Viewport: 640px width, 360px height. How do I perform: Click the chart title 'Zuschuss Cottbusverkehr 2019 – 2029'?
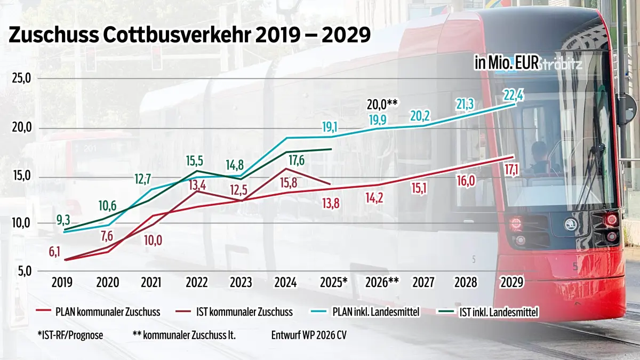click(190, 35)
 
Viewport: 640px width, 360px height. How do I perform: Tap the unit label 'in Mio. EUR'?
click(507, 62)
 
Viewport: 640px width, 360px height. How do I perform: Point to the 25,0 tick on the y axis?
click(21, 78)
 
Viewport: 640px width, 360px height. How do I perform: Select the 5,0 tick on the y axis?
click(25, 271)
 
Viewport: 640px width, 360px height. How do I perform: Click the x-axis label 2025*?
click(334, 283)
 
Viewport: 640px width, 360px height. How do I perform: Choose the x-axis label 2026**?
click(382, 283)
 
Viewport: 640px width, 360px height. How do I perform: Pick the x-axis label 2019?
click(62, 283)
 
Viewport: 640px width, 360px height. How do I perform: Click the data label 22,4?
click(514, 95)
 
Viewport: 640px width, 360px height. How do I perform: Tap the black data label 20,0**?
click(382, 105)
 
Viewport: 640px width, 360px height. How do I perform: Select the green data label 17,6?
click(297, 161)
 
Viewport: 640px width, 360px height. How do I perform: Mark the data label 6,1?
click(54, 252)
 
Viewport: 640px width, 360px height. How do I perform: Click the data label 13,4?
click(197, 186)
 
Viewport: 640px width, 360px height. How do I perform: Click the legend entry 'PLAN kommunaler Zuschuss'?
click(98, 311)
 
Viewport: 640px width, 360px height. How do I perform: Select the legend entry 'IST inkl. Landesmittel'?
click(487, 311)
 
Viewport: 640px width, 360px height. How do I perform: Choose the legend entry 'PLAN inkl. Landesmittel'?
click(365, 311)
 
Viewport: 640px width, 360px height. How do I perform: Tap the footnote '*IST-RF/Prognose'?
click(70, 335)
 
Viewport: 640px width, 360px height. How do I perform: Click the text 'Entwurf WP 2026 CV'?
click(309, 335)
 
